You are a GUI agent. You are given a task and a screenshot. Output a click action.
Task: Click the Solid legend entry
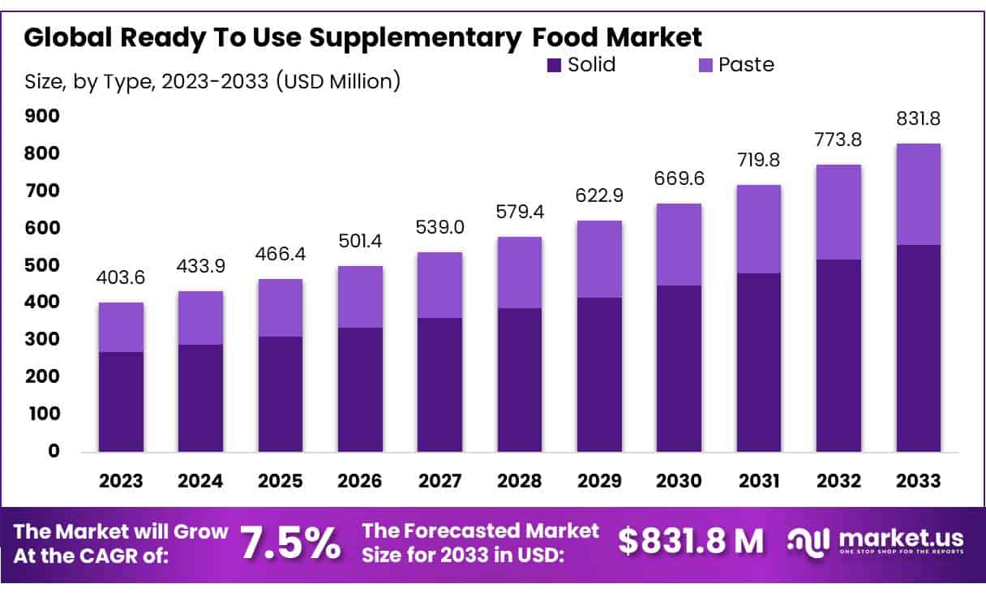[x=581, y=65]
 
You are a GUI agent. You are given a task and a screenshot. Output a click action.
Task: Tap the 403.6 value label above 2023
[x=121, y=277]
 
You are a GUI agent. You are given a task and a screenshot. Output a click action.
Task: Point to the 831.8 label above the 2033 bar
[x=918, y=118]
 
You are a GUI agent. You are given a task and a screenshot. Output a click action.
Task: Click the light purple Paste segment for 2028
[x=520, y=272]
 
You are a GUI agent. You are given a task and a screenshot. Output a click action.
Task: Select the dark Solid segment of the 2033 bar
[x=918, y=348]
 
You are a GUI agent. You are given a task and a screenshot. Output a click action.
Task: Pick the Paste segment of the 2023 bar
[x=121, y=327]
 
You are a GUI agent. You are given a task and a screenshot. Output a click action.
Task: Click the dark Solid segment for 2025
[x=281, y=393]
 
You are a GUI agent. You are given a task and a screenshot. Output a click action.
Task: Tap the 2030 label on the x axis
[x=679, y=480]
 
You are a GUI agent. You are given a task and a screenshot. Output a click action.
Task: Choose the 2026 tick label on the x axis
[x=360, y=480]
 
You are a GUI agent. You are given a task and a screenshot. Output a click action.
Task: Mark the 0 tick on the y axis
[x=53, y=451]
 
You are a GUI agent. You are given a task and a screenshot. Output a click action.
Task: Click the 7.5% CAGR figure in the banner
[x=290, y=543]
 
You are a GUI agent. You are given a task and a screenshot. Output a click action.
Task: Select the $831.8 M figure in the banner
[x=691, y=541]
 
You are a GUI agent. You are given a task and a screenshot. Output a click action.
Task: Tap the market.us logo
[x=876, y=541]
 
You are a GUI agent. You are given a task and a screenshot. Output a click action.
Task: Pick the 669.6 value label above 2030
[x=679, y=178]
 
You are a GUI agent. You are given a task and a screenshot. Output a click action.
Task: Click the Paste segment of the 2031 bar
[x=759, y=229]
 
